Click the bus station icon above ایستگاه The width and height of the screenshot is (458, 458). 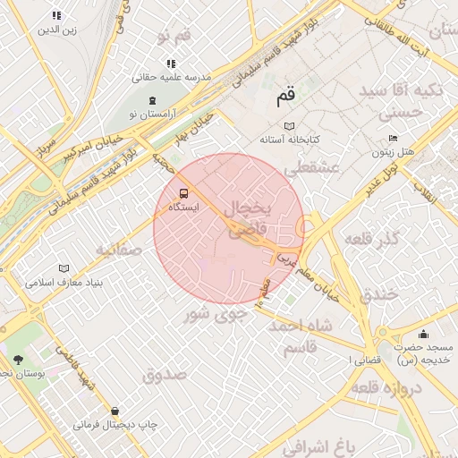183,192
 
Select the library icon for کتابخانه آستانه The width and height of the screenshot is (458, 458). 288,126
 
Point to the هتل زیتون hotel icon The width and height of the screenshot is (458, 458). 393,139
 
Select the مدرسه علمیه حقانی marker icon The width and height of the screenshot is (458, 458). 171,64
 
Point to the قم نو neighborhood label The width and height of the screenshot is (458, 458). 174,37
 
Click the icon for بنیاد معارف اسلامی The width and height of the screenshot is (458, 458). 63,268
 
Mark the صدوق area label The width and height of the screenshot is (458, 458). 164,374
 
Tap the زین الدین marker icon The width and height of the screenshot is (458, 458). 56,15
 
